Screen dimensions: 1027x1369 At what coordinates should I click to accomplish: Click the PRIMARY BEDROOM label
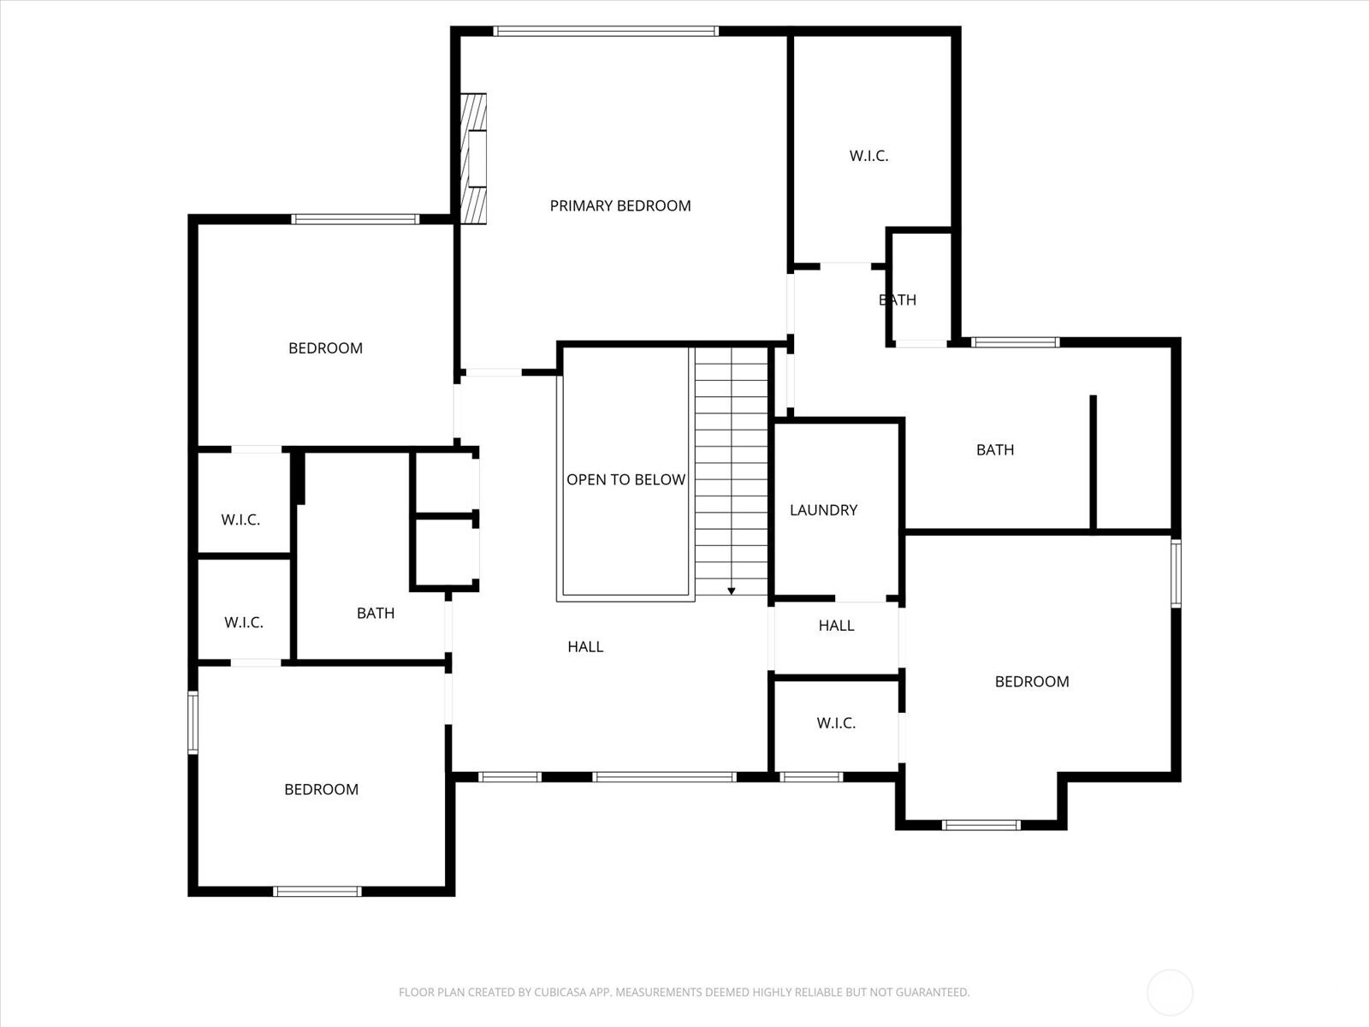pos(619,205)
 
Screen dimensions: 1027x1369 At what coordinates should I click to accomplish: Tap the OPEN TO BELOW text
pos(625,479)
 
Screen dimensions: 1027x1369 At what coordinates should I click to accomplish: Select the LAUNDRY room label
pos(823,510)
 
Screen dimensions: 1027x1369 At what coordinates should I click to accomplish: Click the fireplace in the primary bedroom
pos(474,158)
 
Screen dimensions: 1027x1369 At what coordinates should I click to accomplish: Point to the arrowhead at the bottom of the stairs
pos(732,591)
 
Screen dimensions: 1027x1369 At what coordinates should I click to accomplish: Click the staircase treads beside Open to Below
pos(732,471)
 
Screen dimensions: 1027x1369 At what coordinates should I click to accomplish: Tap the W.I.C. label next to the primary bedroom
pos(868,156)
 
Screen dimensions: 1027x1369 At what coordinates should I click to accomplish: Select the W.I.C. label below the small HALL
pos(836,723)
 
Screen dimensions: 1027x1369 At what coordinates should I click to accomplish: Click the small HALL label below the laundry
pos(836,626)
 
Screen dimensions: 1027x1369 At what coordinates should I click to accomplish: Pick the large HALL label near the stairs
pos(585,647)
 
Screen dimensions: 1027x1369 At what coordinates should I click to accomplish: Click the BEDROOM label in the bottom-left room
pos(321,789)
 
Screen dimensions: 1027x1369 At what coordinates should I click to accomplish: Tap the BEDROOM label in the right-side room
pos(1032,681)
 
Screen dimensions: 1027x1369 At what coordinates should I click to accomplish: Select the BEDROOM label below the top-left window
pos(325,348)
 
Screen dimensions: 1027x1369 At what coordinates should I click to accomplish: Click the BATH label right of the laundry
pos(995,449)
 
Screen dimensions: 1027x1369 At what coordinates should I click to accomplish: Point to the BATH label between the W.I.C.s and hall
pos(376,613)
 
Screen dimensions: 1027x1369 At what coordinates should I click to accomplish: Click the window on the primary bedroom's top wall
pos(605,32)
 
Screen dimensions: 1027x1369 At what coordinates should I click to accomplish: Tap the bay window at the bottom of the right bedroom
pos(981,825)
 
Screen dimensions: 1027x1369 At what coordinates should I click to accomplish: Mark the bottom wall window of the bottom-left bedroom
pos(317,891)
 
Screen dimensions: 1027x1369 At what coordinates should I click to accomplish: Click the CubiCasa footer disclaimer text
pos(684,993)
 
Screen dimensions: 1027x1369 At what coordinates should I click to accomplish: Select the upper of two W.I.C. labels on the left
pos(240,519)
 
